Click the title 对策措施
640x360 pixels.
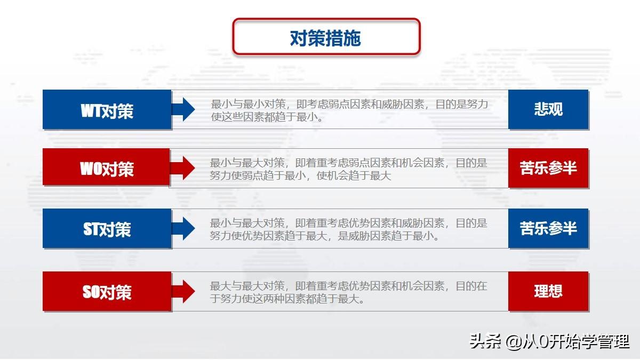326,38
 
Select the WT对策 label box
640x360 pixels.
107,110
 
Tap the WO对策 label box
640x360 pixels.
106,167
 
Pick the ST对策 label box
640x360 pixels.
107,229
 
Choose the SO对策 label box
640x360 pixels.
107,291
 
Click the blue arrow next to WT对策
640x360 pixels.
183,109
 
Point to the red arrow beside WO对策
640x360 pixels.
183,168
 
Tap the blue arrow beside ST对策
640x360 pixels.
183,229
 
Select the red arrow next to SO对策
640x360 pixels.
183,291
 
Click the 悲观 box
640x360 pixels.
548,109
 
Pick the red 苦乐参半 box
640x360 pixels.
548,168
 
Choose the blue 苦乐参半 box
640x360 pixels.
548,229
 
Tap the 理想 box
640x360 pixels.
548,291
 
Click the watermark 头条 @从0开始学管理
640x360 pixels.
549,341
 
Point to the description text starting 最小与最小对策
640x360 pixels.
349,110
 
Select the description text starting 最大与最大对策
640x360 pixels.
348,293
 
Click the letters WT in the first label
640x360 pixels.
91,110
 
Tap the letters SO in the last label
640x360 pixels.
91,292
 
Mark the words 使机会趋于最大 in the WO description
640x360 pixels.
354,175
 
